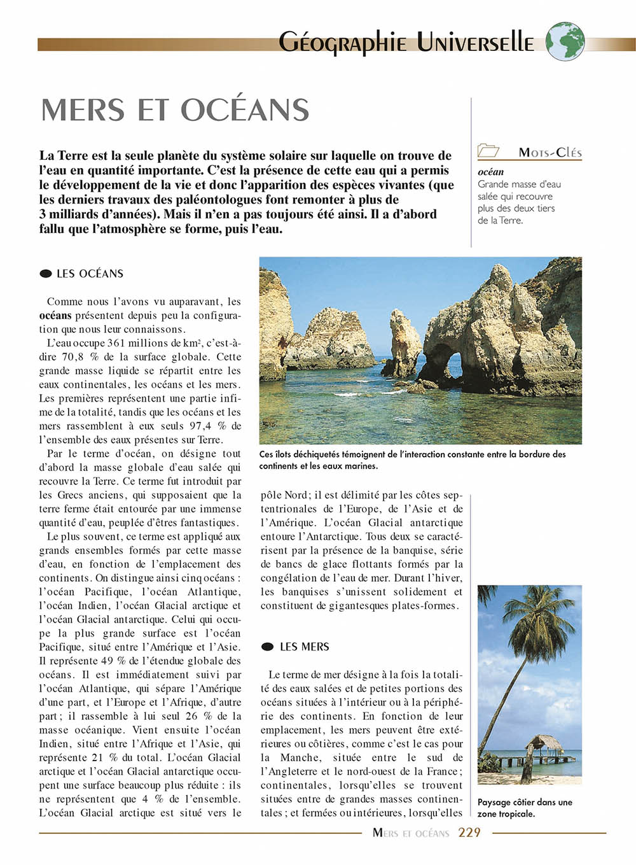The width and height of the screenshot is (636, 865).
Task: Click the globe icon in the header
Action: (565, 41)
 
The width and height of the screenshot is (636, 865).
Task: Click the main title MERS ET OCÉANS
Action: (175, 110)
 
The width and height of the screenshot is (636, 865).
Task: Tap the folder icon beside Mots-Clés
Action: (488, 151)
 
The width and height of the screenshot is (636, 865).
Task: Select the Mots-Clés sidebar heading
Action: (550, 153)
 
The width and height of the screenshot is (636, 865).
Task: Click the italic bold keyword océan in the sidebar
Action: (490, 172)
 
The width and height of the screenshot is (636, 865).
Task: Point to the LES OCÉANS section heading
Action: (90, 274)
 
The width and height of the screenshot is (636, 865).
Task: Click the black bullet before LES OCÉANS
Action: (46, 274)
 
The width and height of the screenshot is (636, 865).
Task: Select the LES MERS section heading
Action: (305, 647)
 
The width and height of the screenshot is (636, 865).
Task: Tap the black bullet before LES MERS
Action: (268, 647)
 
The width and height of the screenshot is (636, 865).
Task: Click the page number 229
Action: (469, 833)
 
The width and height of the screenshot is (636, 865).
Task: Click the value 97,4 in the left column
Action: (201, 426)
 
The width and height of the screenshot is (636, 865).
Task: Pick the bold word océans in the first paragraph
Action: (55, 316)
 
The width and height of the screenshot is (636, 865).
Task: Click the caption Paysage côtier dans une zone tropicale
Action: (525, 808)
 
